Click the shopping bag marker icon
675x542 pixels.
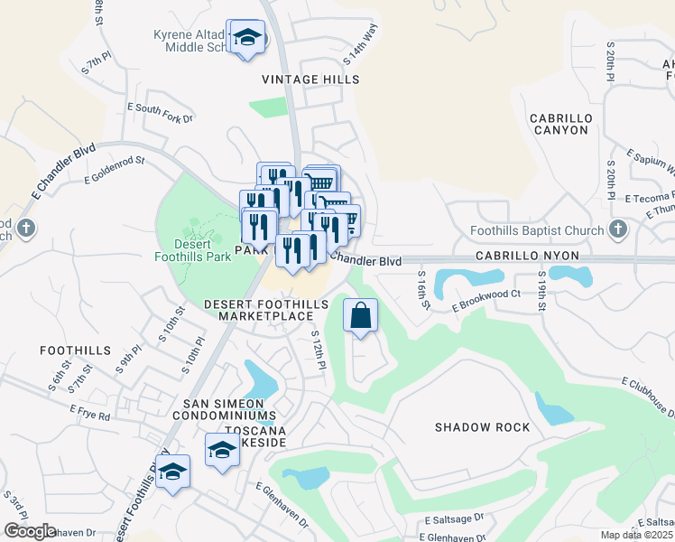point(360,316)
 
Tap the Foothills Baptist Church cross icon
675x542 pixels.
point(618,229)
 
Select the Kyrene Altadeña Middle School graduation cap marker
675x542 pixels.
point(246,39)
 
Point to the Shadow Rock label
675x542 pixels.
point(474,426)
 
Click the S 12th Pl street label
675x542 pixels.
point(318,350)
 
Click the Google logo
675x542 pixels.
point(30,531)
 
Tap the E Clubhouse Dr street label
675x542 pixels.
point(647,398)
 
